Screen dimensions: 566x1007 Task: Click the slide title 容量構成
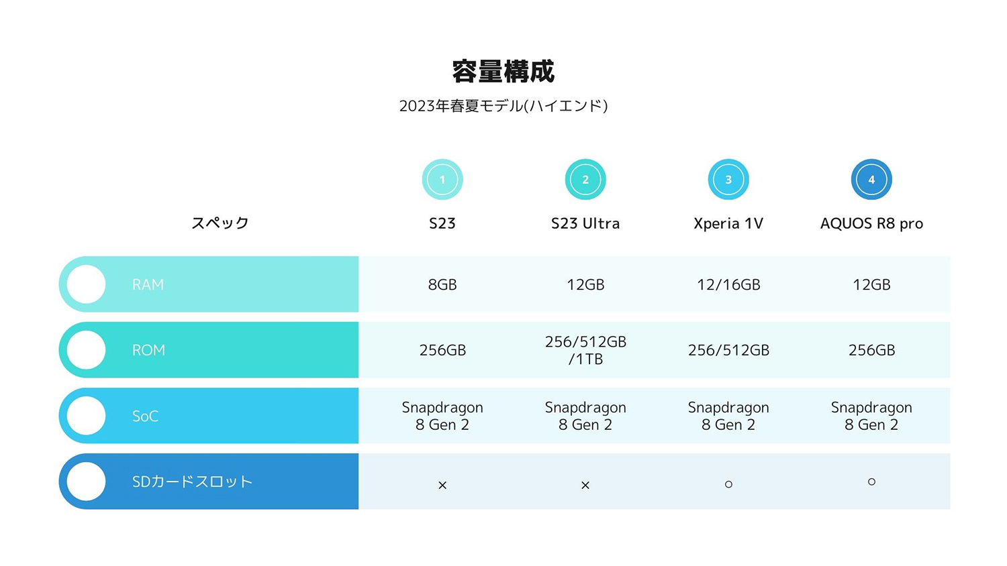click(x=503, y=71)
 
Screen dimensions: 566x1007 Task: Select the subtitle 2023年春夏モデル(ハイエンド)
click(x=503, y=106)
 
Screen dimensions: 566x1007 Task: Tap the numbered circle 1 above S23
click(x=442, y=179)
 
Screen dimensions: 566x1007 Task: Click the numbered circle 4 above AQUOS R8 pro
click(x=871, y=179)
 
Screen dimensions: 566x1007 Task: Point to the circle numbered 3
click(x=728, y=179)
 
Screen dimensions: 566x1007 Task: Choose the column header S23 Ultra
click(x=585, y=223)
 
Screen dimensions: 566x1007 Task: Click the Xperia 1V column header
click(x=728, y=223)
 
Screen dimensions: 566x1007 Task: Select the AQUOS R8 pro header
click(x=871, y=223)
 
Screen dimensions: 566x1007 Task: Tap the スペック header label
click(x=220, y=223)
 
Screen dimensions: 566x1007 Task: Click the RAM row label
click(x=148, y=284)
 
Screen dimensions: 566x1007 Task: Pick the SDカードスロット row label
click(x=192, y=482)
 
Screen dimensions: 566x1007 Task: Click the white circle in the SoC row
click(x=87, y=416)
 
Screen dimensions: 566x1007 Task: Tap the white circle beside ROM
click(x=87, y=350)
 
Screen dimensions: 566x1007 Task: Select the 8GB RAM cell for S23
click(x=442, y=284)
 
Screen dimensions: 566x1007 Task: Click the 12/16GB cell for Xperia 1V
click(x=728, y=284)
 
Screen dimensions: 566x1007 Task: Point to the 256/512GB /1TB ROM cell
click(x=585, y=350)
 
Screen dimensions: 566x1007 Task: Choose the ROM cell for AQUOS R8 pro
click(x=871, y=350)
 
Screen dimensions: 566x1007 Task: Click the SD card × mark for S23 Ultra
click(x=585, y=485)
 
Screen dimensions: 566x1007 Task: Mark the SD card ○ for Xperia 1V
click(x=728, y=484)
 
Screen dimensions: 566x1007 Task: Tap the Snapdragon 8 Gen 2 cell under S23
click(x=442, y=416)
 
